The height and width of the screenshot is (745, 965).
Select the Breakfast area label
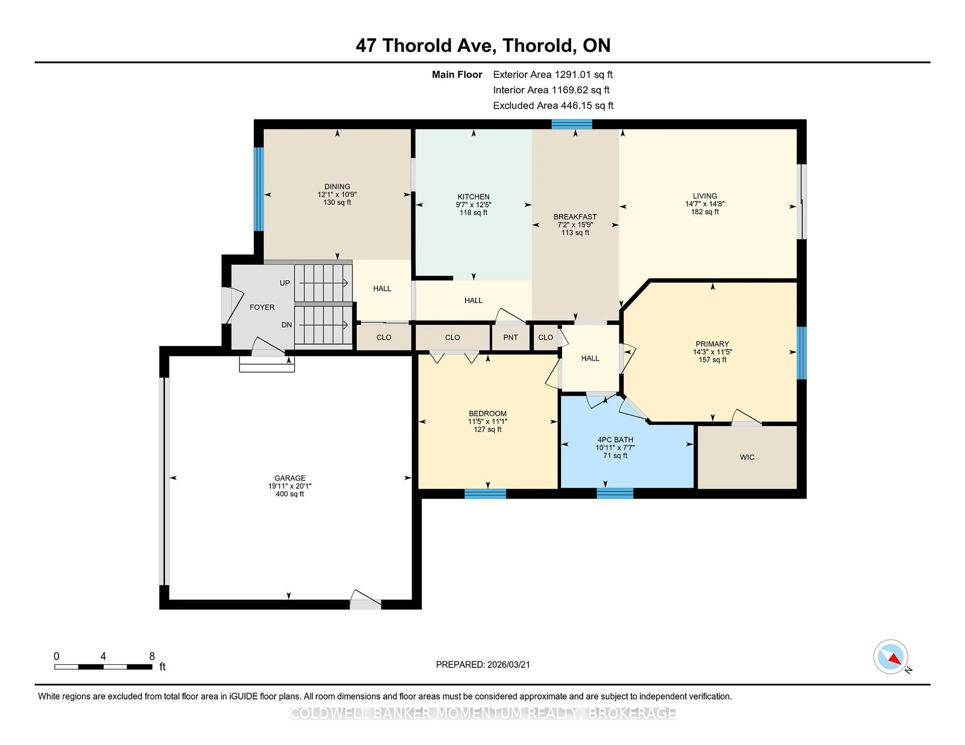[575, 217]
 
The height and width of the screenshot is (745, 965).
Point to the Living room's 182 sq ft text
[704, 212]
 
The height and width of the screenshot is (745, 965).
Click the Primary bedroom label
[712, 344]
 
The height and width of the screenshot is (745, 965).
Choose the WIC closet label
[747, 457]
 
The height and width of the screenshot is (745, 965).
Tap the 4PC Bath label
[615, 440]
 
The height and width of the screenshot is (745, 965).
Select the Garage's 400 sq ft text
[289, 494]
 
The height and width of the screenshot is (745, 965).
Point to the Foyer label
[262, 307]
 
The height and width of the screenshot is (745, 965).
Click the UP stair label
[284, 283]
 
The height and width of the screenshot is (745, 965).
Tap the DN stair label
[286, 325]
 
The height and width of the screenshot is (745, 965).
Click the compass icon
[890, 656]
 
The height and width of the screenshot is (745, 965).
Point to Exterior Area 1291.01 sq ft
[552, 75]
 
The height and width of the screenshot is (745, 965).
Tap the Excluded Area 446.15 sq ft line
[553, 105]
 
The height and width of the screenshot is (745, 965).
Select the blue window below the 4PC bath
[615, 493]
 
